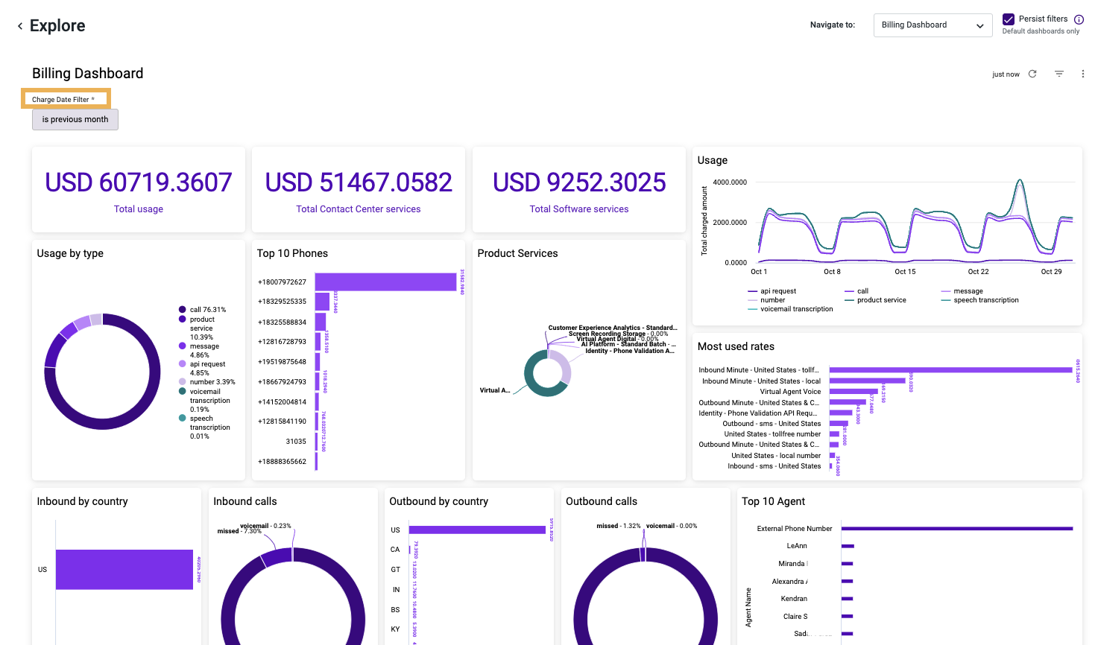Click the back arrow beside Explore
(20, 26)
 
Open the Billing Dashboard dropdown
(933, 25)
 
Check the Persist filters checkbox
(1009, 19)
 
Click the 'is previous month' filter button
(75, 119)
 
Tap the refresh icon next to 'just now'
(1032, 74)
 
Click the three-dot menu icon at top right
(1083, 74)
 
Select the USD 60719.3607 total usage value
(139, 182)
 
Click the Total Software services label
(579, 209)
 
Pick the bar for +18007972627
(385, 282)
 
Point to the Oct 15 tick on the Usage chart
(905, 271)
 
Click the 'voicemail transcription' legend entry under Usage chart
(796, 309)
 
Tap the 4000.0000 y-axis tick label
(730, 182)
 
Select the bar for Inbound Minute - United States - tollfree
(950, 370)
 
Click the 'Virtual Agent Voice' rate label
(790, 392)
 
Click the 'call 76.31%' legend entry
(207, 310)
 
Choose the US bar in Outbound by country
(477, 530)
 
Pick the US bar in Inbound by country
(124, 570)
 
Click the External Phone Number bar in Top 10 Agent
(957, 529)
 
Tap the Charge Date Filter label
(63, 99)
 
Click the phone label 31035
(296, 442)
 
